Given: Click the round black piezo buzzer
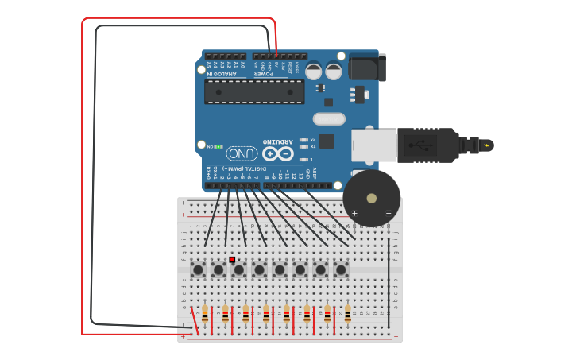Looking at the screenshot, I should [371, 198].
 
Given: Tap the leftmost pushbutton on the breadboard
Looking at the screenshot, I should [198, 270].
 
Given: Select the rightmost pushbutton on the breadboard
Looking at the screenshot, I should [341, 270].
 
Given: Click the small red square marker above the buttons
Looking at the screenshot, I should [232, 259].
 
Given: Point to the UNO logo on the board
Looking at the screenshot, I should [242, 153].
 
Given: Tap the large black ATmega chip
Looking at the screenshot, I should [254, 91].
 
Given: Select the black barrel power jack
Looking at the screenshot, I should [367, 68].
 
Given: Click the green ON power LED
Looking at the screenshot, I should [218, 147].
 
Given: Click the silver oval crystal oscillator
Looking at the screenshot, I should [329, 119].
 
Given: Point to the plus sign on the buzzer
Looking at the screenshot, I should [354, 213].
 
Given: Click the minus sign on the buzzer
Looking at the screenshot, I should [389, 213].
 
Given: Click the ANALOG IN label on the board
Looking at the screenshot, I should [226, 74].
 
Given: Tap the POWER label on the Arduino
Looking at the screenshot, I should [264, 74].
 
